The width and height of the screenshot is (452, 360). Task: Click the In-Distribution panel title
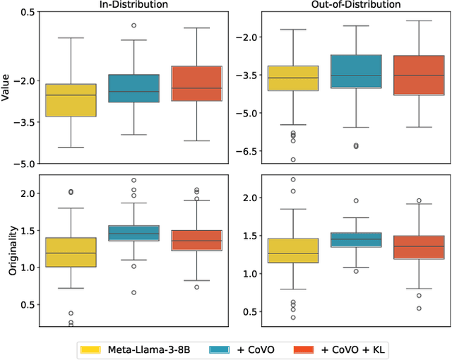click(x=133, y=5)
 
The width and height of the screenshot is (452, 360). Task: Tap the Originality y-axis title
click(x=6, y=253)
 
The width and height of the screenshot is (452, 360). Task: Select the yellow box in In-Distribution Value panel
click(x=71, y=100)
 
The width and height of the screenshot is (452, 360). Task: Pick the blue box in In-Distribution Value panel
click(x=133, y=88)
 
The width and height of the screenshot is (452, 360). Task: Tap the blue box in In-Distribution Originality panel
click(x=133, y=234)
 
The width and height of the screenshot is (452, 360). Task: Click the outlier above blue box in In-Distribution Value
click(x=133, y=25)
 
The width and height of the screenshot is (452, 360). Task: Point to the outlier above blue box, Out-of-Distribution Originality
click(x=356, y=200)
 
